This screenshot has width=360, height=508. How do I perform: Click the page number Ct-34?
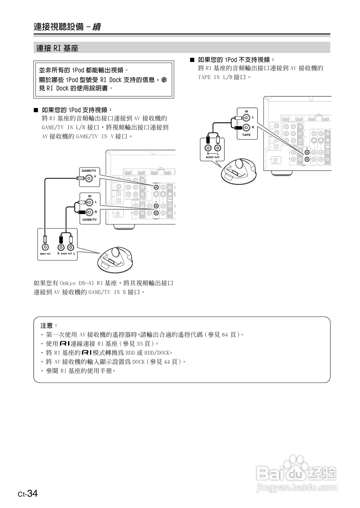point(28,494)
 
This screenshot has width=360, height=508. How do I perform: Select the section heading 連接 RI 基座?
point(57,48)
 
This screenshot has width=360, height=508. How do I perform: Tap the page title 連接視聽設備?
point(59,27)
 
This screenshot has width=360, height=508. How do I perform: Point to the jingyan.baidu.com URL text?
point(296,488)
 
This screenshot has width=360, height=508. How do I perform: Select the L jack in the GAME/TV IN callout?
point(89,202)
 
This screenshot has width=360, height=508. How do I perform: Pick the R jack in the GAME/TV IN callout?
point(89,212)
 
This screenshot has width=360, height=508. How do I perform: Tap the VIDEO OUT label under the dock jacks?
point(45,254)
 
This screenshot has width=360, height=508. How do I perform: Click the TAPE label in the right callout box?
point(246,135)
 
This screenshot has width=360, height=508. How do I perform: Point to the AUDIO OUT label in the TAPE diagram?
point(213,157)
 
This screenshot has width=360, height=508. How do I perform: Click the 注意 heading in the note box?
point(49,325)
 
